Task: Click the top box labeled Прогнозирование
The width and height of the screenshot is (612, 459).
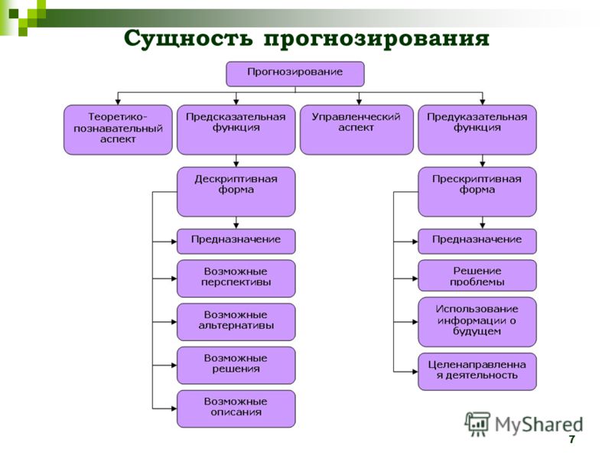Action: pyautogui.click(x=295, y=73)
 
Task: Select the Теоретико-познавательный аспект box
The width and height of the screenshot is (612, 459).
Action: pyautogui.click(x=118, y=129)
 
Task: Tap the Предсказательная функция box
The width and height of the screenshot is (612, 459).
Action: pyautogui.click(x=236, y=129)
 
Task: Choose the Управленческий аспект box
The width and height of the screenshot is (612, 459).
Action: pyautogui.click(x=356, y=129)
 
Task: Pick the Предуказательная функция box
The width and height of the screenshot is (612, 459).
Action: pyautogui.click(x=477, y=129)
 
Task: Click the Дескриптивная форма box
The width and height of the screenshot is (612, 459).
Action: pyautogui.click(x=236, y=192)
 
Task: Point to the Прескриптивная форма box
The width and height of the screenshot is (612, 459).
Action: pyautogui.click(x=477, y=192)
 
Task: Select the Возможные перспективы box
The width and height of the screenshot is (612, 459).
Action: pyautogui.click(x=236, y=278)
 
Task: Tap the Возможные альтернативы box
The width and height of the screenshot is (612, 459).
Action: pyautogui.click(x=236, y=321)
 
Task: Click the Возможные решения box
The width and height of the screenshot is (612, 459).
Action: pyautogui.click(x=236, y=365)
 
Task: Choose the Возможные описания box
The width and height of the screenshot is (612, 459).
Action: pyautogui.click(x=236, y=409)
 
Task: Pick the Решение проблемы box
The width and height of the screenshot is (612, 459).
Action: pyautogui.click(x=477, y=275)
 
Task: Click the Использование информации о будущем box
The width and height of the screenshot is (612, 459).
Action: pyautogui.click(x=477, y=321)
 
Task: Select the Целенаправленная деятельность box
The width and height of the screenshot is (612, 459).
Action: pyautogui.click(x=477, y=371)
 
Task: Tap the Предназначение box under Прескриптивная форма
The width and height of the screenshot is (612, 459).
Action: pyautogui.click(x=477, y=241)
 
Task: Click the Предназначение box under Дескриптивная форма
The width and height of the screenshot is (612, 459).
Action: pyautogui.click(x=236, y=241)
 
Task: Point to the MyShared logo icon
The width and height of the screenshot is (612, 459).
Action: pyautogui.click(x=477, y=424)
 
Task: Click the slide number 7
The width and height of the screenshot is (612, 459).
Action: pyautogui.click(x=571, y=439)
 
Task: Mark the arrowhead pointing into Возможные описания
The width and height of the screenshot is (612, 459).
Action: pyautogui.click(x=174, y=409)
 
